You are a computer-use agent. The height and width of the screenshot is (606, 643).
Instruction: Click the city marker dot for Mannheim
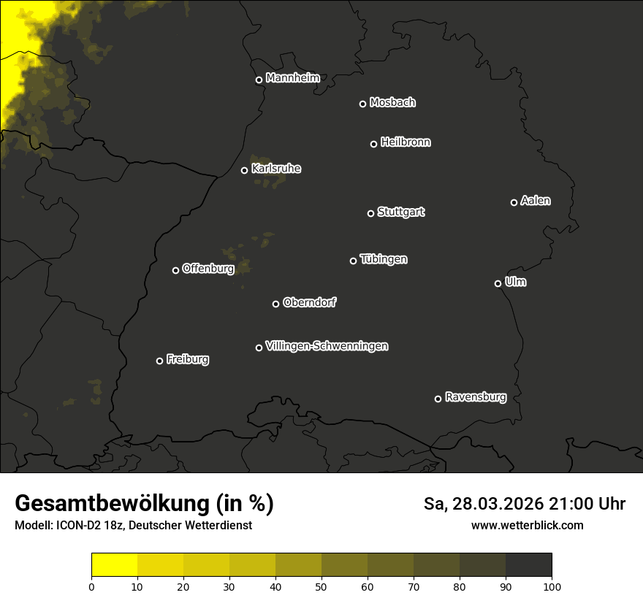pos(259,80)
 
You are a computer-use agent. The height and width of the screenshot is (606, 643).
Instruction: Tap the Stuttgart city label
pos(400,212)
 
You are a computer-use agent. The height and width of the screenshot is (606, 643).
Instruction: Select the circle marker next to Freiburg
pos(159,361)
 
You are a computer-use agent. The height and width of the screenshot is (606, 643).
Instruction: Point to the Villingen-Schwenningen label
pos(327,346)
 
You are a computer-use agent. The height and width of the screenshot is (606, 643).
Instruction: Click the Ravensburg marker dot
pos(438,399)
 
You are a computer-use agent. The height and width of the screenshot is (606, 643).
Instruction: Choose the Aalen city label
pos(536,201)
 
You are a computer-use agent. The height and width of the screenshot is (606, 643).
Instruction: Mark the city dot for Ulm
pos(498,283)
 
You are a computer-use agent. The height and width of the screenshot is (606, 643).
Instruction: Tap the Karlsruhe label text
pos(275,169)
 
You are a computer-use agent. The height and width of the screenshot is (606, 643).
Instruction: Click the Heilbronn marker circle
pos(373,144)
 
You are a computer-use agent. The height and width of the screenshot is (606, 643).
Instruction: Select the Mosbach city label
pos(392,102)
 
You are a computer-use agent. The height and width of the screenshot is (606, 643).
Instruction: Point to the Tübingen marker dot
pos(353,261)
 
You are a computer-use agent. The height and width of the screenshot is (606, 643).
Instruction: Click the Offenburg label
pos(208,269)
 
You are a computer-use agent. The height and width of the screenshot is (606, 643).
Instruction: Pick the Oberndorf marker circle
pos(275,304)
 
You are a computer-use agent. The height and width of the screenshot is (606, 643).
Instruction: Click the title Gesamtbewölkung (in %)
pos(144,503)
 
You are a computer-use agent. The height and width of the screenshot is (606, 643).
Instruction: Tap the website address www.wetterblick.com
pos(527,525)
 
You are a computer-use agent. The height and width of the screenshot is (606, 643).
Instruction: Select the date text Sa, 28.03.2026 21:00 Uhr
pos(524,504)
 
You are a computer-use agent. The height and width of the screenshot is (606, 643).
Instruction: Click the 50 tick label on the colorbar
pos(321,586)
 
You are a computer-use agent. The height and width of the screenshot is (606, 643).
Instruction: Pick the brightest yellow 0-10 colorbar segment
pos(114,565)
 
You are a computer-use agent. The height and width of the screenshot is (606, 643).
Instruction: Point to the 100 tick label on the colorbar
pos(552,586)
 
